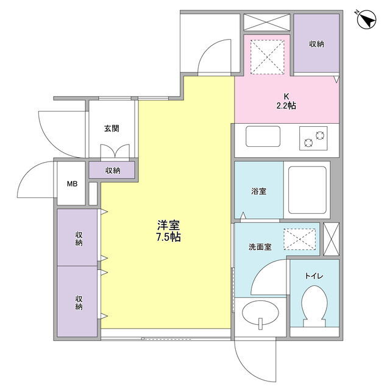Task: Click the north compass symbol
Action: tap(366, 19)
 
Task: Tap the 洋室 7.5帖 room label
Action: tap(168, 231)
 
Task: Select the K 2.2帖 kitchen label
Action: tap(286, 102)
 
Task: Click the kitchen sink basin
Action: tap(263, 136)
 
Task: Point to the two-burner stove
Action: tap(313, 138)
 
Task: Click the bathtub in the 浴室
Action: tap(307, 190)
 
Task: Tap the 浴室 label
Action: tap(258, 191)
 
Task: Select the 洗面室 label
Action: tap(260, 247)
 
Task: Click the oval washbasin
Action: tap(261, 314)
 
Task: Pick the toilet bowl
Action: tap(314, 306)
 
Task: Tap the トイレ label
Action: tap(314, 275)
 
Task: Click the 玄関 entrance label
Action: tap(112, 129)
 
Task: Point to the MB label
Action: tap(72, 184)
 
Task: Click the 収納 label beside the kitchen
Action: tap(317, 44)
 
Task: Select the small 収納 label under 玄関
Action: tap(113, 171)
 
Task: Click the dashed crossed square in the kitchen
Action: tap(267, 57)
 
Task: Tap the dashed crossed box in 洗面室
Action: tap(299, 239)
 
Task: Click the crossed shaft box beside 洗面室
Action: tap(331, 239)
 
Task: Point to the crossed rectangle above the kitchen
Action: tap(267, 23)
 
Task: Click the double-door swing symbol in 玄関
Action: tap(115, 152)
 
